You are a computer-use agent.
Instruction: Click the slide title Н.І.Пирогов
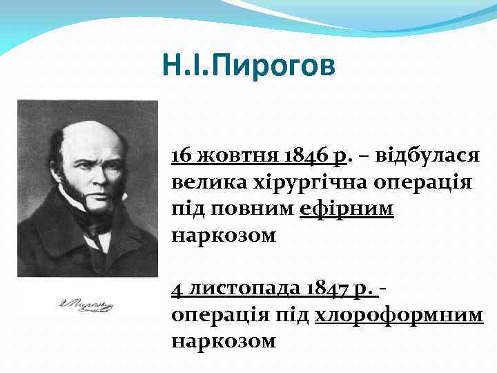(x=249, y=66)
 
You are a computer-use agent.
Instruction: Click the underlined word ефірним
(x=347, y=209)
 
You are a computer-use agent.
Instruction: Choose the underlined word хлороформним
(x=399, y=314)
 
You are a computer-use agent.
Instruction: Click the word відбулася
(x=427, y=155)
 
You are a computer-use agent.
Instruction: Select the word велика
(x=201, y=182)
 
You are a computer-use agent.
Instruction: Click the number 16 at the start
(x=182, y=155)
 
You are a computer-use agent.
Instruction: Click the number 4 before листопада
(x=177, y=287)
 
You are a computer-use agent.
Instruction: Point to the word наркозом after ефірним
(x=224, y=236)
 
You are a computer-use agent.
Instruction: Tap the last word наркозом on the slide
(x=224, y=341)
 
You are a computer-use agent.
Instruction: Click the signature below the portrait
(x=87, y=304)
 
